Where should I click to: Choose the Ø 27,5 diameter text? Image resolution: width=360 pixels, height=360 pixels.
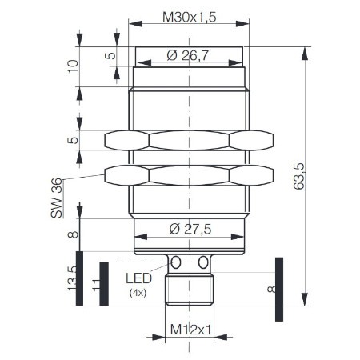[190, 229]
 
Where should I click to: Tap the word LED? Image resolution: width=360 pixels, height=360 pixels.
[140, 279]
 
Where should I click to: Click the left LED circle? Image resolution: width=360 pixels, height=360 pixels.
[175, 263]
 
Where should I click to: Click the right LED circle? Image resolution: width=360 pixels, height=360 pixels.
[203, 263]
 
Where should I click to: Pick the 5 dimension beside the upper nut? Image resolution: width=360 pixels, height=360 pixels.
[73, 141]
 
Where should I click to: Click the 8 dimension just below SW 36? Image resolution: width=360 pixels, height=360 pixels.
[73, 234]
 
